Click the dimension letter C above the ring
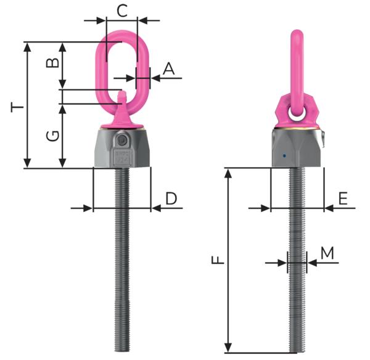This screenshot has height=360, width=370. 122,10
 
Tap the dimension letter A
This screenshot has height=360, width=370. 169,68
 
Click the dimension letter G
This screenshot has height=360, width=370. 52,136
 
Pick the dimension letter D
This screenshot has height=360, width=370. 171,198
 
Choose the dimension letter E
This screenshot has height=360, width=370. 343,198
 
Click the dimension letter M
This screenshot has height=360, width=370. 327,253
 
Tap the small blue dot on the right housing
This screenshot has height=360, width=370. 284,156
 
